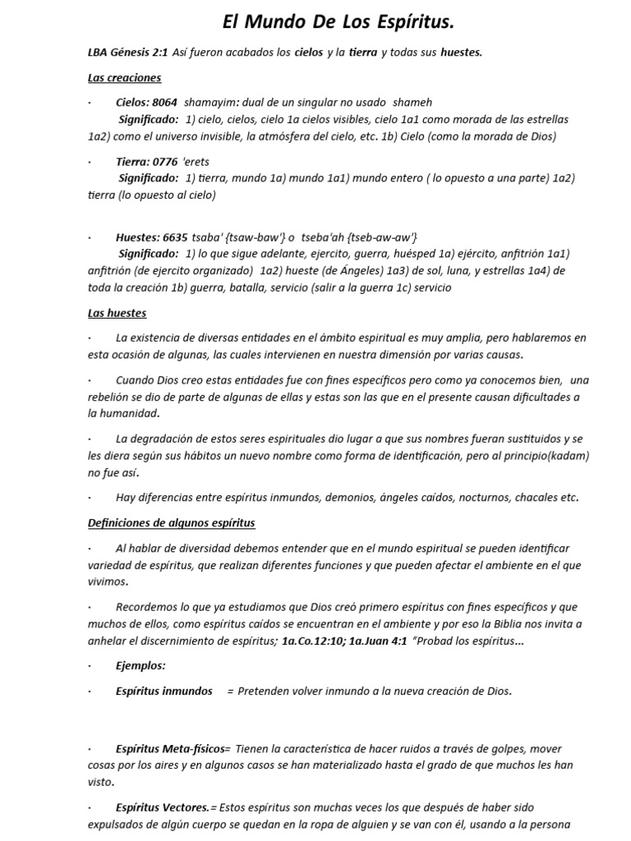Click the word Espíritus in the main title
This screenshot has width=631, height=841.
(x=408, y=22)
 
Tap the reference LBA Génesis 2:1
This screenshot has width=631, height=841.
(x=127, y=53)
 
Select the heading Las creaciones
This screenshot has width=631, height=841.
(x=124, y=78)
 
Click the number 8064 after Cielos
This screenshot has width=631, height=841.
(x=164, y=103)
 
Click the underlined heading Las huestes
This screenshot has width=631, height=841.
(x=117, y=313)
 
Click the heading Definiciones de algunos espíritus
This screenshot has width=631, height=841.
(x=171, y=522)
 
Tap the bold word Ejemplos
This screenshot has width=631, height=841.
(x=140, y=665)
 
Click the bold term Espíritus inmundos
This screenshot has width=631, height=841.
(x=164, y=691)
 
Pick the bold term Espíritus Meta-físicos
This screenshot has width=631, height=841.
(x=173, y=748)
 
